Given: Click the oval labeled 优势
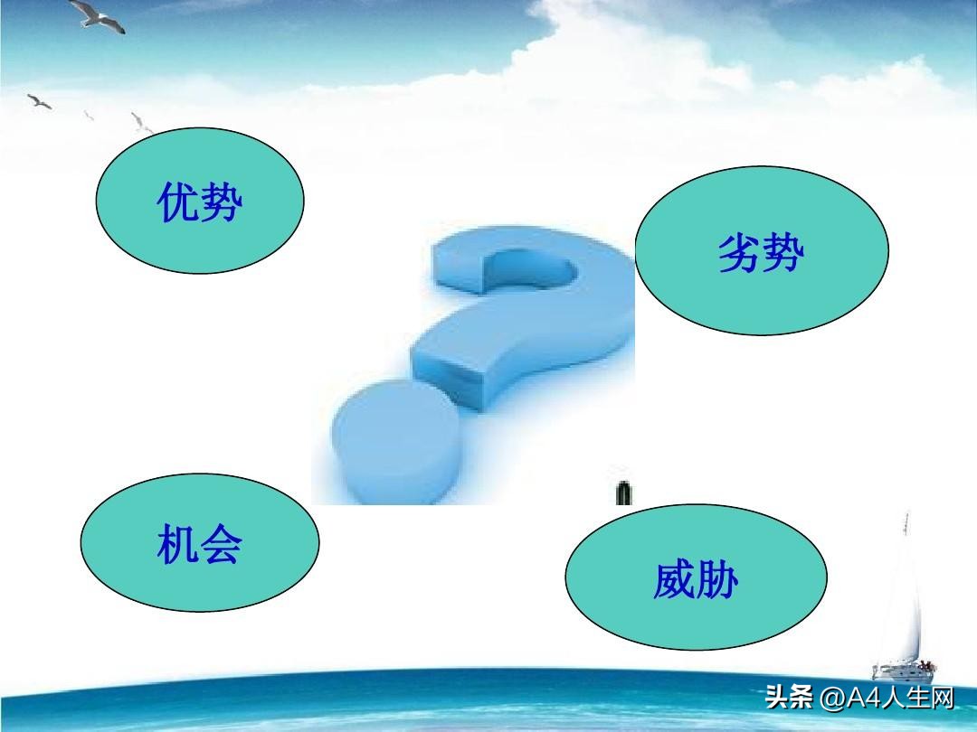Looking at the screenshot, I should click(200, 201).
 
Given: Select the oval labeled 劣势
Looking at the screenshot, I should click(762, 250).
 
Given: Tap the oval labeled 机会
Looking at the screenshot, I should click(200, 542).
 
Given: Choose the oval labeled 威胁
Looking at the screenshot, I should click(696, 577).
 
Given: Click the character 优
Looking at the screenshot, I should click(177, 202).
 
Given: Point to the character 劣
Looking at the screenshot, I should click(738, 253).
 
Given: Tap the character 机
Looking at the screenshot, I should click(177, 544).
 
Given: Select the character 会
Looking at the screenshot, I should click(222, 545).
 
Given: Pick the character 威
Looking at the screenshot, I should click(674, 580).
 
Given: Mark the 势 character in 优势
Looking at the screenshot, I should click(223, 202).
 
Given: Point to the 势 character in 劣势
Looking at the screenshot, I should click(783, 253).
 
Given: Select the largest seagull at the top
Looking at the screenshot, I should click(97, 14).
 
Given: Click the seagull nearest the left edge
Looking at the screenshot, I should click(39, 100).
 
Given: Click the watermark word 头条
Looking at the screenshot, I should click(788, 698).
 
